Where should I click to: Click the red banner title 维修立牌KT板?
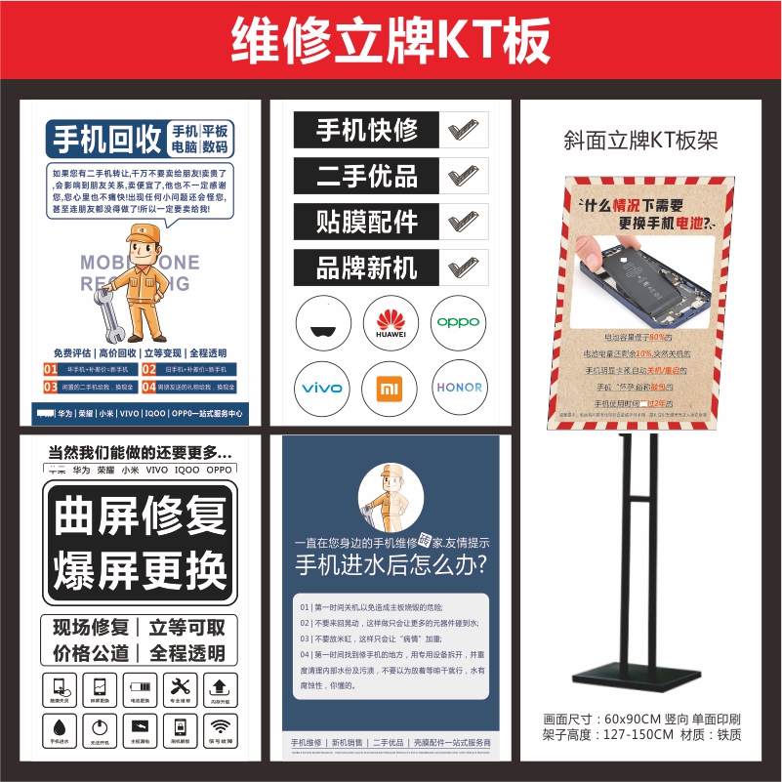pyautogui.click(x=391, y=42)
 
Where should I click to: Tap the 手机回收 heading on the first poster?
pyautogui.click(x=106, y=140)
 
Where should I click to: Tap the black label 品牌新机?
pyautogui.click(x=367, y=268)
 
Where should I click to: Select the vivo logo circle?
pyautogui.click(x=322, y=388)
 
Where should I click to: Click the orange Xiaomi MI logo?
pyautogui.click(x=390, y=389)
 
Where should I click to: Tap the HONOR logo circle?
pyautogui.click(x=458, y=388)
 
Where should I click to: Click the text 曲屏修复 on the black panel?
pyautogui.click(x=140, y=517)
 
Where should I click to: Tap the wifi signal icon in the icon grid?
pyautogui.click(x=221, y=726)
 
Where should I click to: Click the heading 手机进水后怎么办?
pyautogui.click(x=391, y=564)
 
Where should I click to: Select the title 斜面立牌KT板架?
pyautogui.click(x=640, y=140)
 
